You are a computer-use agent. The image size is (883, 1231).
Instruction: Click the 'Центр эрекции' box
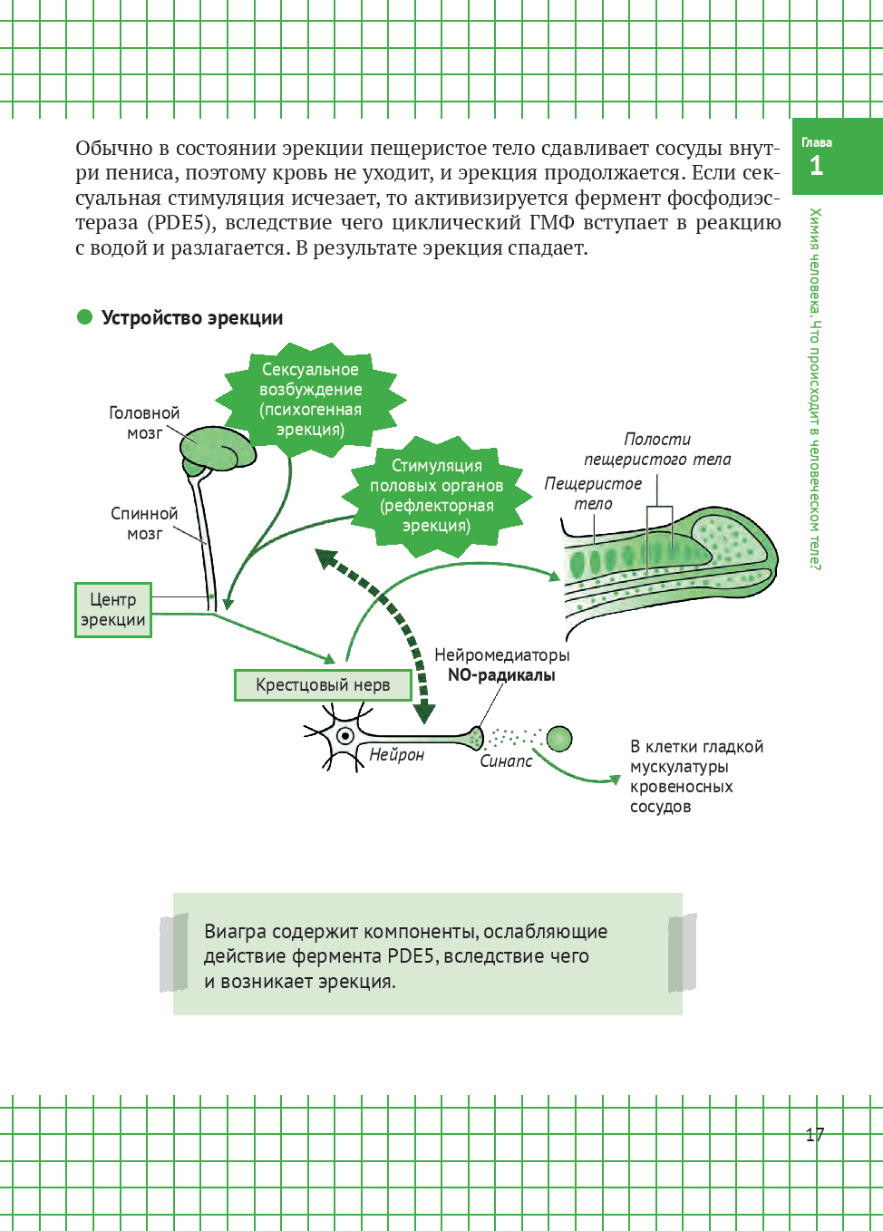point(113,610)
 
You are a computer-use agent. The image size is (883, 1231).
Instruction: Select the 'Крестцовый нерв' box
point(323,685)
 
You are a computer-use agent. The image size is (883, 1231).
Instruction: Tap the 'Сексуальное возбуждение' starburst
point(310,399)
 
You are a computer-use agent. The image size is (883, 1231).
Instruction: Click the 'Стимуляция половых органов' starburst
point(436,495)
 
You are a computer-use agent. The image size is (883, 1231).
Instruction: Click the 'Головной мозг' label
point(144,422)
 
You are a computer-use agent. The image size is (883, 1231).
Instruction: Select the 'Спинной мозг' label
point(144,523)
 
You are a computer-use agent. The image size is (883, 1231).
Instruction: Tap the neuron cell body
point(344,736)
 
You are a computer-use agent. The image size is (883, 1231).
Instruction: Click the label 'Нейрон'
point(396,754)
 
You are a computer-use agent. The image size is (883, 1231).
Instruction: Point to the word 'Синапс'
point(506,761)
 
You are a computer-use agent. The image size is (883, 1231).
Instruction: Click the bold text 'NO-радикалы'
point(501,675)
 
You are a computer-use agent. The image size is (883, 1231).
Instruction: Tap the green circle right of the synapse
point(559,739)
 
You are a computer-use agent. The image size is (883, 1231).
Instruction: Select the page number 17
point(814,1134)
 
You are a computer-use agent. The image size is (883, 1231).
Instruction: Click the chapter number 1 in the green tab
point(816,166)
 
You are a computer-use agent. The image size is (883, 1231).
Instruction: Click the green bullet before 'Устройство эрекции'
point(85,317)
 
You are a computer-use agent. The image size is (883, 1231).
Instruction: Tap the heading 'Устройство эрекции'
point(192,318)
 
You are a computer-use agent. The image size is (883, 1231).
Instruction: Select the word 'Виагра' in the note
point(235,932)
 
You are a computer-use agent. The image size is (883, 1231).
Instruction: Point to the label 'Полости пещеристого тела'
point(657,449)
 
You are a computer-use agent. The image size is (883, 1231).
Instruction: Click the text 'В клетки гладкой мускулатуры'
point(696,756)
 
